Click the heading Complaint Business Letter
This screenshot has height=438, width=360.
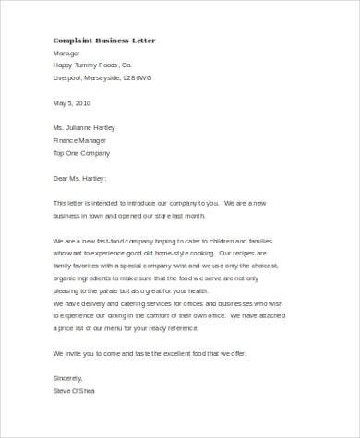click(x=104, y=41)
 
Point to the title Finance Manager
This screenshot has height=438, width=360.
click(x=82, y=140)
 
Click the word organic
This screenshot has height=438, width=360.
click(x=67, y=278)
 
